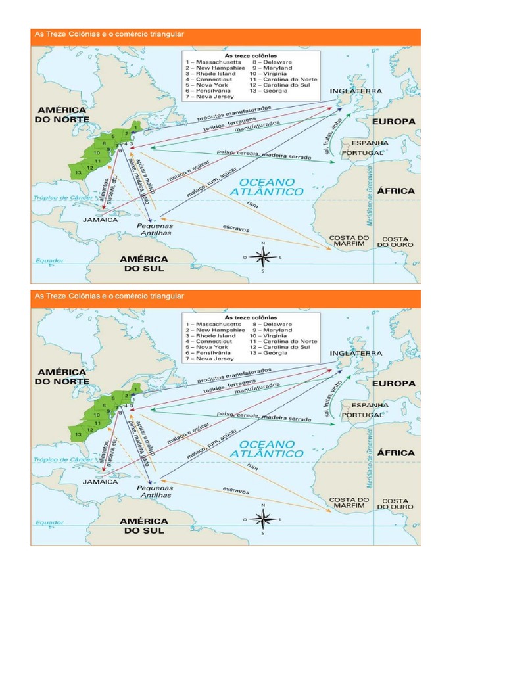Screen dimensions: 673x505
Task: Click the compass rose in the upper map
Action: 263,258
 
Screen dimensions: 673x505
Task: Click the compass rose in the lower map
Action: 263,519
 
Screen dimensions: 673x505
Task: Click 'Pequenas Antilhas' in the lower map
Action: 155,492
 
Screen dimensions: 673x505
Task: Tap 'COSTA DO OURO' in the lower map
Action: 396,503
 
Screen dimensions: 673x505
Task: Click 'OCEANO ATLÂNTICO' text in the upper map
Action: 271,186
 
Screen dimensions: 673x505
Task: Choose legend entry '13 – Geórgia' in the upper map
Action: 268,91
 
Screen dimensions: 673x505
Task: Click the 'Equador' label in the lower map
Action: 49,522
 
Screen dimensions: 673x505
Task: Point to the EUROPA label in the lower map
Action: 394,383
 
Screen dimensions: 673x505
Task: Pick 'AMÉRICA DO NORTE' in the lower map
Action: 60,376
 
